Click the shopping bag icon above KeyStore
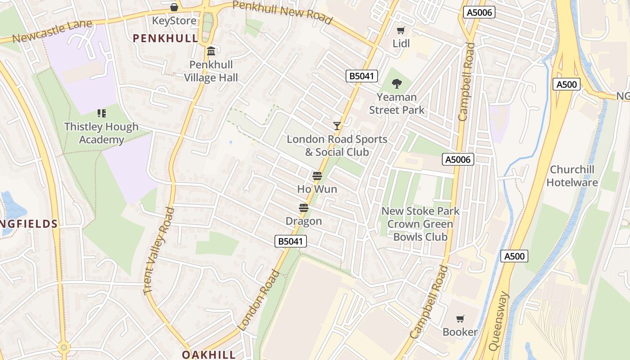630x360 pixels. point(174,7)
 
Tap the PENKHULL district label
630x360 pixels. point(166,38)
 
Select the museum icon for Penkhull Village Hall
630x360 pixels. point(211,51)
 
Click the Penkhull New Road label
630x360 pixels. point(283,12)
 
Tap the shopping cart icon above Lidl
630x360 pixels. point(400,31)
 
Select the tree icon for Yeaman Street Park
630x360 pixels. point(396,83)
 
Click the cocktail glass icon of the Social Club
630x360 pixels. point(337,126)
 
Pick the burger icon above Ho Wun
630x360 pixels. point(317,176)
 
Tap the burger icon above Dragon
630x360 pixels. point(304,208)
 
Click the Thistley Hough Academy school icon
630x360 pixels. point(101,113)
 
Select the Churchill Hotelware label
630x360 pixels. point(578,176)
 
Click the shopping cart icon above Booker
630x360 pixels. point(460,319)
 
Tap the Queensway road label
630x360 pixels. point(499,321)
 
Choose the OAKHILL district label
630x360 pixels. point(209,355)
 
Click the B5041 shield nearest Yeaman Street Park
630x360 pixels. point(362,76)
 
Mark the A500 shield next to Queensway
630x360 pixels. point(514,256)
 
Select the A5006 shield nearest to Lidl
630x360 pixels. point(479,12)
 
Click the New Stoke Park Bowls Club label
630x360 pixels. point(420,224)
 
